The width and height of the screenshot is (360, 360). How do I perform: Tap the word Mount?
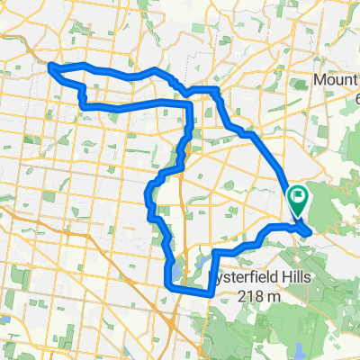point(335,81)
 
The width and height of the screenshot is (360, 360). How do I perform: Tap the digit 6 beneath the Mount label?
point(355,96)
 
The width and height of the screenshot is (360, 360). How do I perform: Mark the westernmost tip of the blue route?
point(48,66)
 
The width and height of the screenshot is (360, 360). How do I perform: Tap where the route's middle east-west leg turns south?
point(190,105)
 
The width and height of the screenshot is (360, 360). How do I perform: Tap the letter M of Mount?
point(320,81)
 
